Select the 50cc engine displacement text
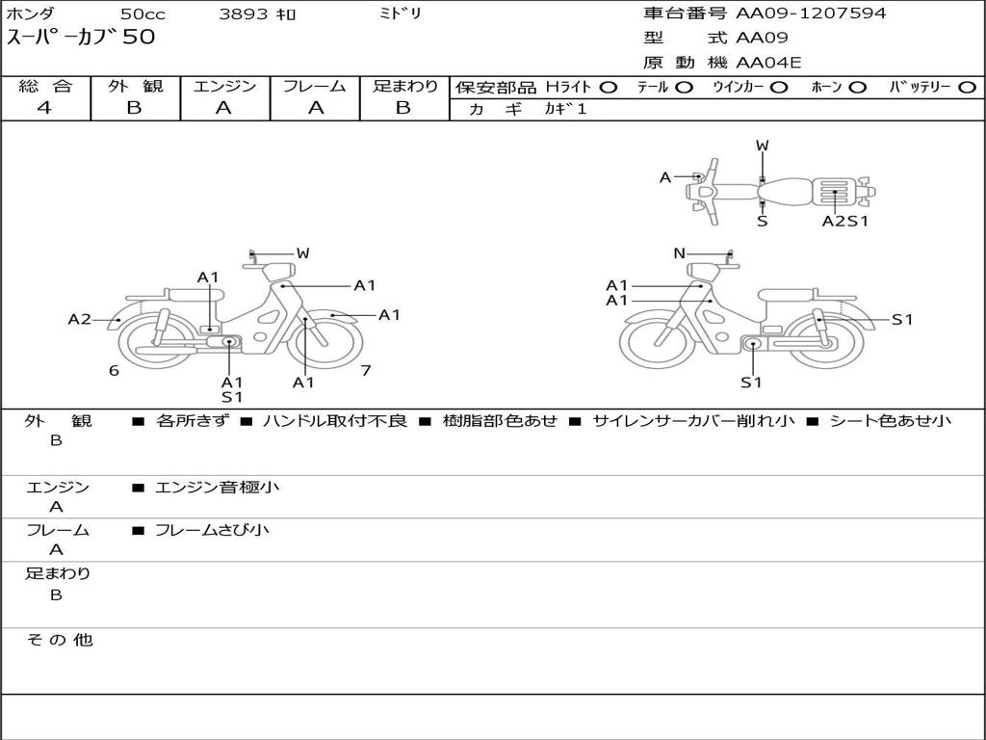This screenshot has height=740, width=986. click(143, 14)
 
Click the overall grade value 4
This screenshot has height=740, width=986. click(44, 108)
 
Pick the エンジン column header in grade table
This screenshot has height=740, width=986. click(224, 87)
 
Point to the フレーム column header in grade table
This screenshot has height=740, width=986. click(315, 87)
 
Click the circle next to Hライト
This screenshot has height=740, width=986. click(608, 88)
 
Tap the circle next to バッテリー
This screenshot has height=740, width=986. click(967, 88)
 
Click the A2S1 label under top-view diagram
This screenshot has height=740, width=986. click(845, 221)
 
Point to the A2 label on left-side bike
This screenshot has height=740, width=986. click(79, 320)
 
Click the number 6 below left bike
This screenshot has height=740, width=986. click(114, 371)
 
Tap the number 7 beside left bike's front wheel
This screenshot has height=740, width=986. click(366, 370)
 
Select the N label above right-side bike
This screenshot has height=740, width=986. click(679, 253)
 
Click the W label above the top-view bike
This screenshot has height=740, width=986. click(762, 145)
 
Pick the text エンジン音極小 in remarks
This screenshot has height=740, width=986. click(218, 488)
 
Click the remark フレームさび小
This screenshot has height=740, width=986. click(212, 530)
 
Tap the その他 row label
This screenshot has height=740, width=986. click(59, 640)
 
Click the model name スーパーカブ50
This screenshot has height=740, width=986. click(81, 38)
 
